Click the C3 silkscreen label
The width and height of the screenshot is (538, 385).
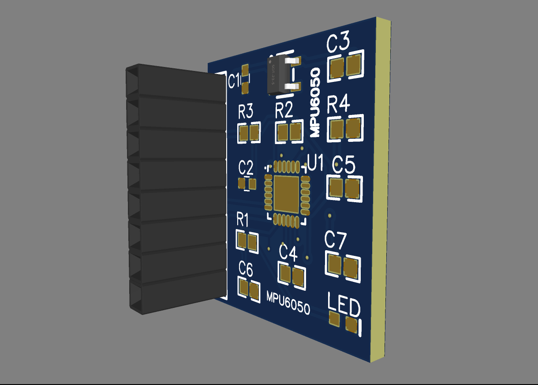pyautogui.click(x=338, y=43)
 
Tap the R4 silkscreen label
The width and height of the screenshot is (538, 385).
pyautogui.click(x=338, y=105)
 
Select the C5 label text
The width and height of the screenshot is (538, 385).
pyautogui.click(x=343, y=166)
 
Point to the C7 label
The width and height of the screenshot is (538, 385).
pyautogui.click(x=336, y=240)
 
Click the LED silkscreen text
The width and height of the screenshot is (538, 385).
pyautogui.click(x=344, y=305)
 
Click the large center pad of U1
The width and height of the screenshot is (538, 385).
pyautogui.click(x=288, y=193)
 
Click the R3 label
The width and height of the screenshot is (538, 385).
pyautogui.click(x=246, y=111)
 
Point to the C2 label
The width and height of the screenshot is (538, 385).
pyautogui.click(x=246, y=168)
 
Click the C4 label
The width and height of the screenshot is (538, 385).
pyautogui.click(x=288, y=253)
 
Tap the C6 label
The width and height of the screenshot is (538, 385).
pyautogui.click(x=246, y=269)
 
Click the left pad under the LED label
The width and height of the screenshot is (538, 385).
pyautogui.click(x=334, y=318)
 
